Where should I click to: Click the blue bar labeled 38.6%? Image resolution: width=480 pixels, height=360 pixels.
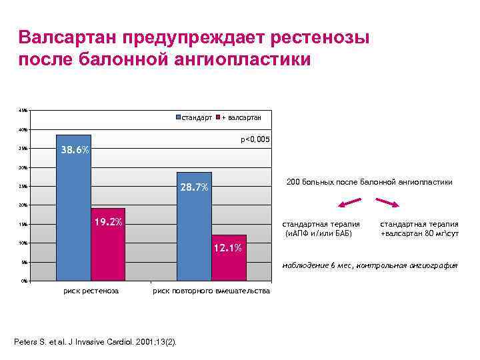73,213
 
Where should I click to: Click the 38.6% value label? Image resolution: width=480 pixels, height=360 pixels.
75,150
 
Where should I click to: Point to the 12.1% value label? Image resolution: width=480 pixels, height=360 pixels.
228,249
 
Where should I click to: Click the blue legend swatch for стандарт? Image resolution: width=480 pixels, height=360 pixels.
178,118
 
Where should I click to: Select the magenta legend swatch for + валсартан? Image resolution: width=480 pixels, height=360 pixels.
217,118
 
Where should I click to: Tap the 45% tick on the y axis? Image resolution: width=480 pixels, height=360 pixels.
23,110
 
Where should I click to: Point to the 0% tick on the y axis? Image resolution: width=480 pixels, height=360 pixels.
24,281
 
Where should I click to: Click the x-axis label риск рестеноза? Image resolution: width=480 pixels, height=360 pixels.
91,291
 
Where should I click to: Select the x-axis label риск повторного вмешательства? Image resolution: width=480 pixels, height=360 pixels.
211,291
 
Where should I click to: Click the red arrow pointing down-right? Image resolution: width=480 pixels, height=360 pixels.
387,202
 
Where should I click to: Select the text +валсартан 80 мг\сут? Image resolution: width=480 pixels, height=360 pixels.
419,234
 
